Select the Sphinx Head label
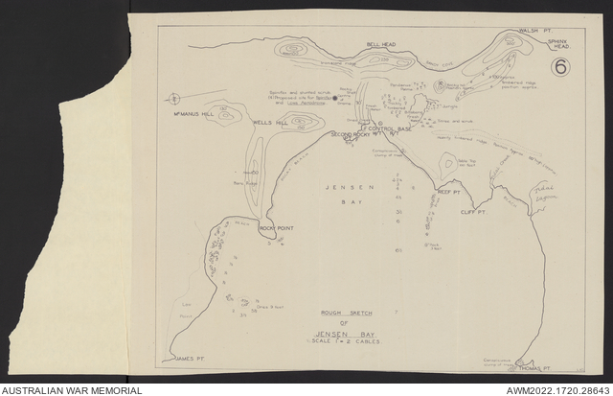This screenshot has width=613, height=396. pyautogui.click(x=558, y=44)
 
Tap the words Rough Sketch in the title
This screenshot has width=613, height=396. pyautogui.click(x=344, y=314)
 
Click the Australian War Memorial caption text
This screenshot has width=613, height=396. pyautogui.click(x=72, y=390)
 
